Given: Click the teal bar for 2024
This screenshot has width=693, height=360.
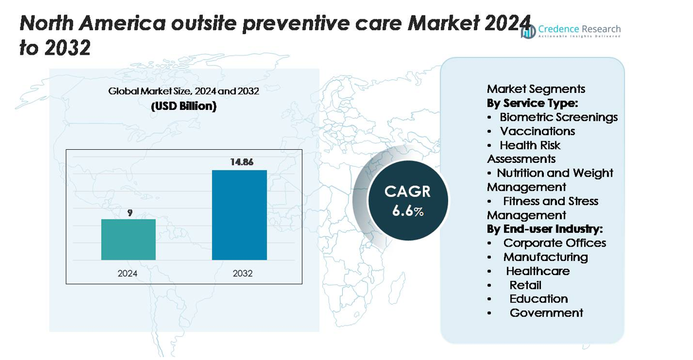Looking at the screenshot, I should tap(128, 239).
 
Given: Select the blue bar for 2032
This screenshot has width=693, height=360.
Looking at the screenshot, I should tap(239, 215).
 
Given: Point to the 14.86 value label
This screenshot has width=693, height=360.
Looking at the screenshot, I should tap(241, 162).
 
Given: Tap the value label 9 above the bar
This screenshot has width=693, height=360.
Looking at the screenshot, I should tap(130, 212).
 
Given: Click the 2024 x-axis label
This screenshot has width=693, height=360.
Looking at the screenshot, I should tap(128, 273).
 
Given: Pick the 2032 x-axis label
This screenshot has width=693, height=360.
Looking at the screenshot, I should tap(243, 273).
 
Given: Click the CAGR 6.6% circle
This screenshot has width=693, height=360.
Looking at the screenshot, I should tap(408, 201).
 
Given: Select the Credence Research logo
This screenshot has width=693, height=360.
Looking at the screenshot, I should tap(571, 31).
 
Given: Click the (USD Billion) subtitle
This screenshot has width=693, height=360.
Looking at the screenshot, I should tap(183, 107).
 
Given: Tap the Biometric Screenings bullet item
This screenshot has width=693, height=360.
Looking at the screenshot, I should tap(558, 117).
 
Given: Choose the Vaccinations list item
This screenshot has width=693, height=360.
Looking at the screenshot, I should tap(537, 131).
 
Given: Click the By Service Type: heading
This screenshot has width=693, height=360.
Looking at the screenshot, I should tap(532, 103).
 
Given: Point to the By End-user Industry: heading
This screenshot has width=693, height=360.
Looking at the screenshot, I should tap(544, 229).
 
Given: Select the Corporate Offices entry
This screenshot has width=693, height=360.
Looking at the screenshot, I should tap(554, 243).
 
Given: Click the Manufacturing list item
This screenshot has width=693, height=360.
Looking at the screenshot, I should tap(545, 257).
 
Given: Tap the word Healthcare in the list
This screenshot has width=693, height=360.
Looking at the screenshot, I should tap(538, 271).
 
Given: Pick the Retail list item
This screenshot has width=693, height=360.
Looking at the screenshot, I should tap(525, 285).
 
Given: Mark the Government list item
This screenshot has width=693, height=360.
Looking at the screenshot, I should tap(546, 313).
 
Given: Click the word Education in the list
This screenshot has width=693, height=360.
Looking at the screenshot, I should tap(538, 298).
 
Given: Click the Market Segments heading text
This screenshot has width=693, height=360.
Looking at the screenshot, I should tap(536, 89).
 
